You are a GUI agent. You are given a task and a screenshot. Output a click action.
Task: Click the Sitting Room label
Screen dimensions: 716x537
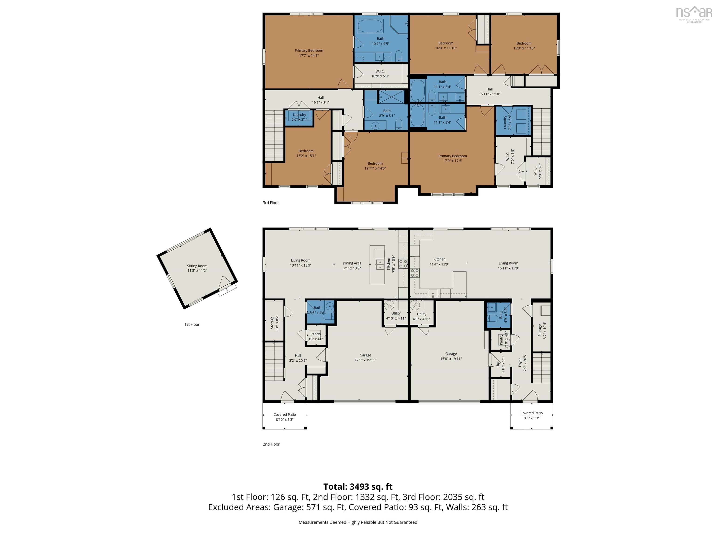click(197, 268)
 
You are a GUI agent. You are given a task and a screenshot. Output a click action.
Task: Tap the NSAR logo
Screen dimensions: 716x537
click(694, 14)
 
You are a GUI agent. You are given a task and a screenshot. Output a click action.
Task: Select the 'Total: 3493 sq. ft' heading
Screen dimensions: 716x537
click(358, 486)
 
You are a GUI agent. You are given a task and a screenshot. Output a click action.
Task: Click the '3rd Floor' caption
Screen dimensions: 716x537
click(271, 203)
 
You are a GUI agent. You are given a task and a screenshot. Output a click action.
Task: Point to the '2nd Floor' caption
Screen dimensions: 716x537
click(271, 444)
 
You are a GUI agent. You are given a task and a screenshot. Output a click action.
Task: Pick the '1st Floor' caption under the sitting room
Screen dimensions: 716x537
click(192, 324)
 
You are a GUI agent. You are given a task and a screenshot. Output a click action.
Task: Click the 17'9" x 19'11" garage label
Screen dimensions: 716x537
click(365, 357)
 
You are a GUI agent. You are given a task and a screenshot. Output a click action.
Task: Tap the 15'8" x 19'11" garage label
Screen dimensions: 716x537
click(451, 356)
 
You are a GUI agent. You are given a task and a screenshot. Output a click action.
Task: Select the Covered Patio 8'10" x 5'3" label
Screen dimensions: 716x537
click(285, 417)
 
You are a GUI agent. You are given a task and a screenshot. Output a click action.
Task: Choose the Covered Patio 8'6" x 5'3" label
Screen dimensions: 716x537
click(531, 415)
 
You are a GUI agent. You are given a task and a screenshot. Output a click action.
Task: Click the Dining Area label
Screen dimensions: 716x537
click(352, 265)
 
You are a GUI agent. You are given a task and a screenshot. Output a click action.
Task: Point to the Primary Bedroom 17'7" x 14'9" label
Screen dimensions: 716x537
click(309, 53)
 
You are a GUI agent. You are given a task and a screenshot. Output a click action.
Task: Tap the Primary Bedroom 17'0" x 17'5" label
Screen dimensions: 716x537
click(453, 158)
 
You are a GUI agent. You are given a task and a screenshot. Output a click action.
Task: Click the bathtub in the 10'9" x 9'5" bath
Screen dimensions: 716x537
click(370, 26)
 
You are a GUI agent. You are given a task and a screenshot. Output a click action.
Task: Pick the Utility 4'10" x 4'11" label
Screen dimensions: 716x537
click(396, 316)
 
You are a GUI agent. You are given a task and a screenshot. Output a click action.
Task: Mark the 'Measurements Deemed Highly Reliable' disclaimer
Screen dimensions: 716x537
click(358, 522)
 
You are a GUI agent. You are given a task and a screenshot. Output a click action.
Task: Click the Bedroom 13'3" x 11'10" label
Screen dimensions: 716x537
click(524, 46)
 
